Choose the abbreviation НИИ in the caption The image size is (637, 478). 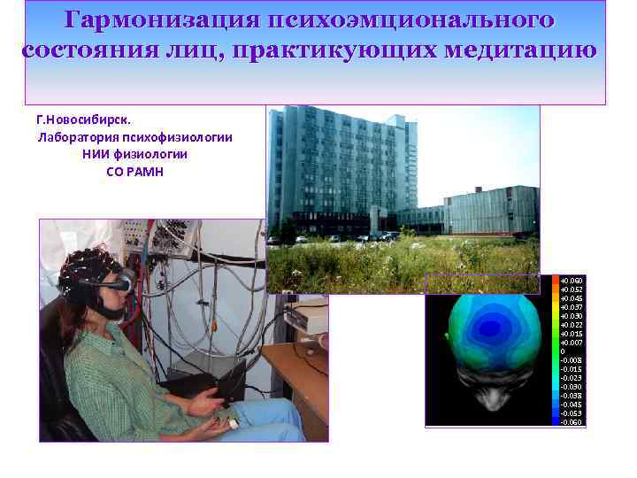point(97,154)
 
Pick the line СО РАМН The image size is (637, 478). point(134,171)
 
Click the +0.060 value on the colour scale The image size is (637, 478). point(572,280)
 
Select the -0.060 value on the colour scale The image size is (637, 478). point(572,422)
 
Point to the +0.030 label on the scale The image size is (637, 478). point(572,316)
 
